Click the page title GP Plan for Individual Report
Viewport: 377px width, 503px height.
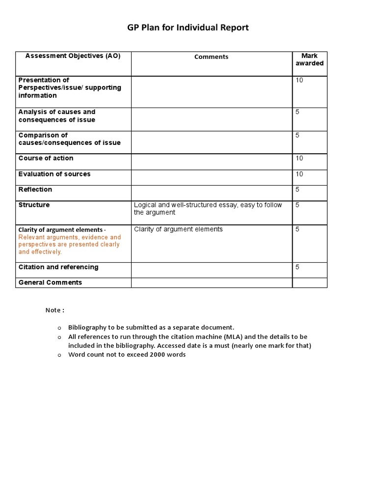click(x=188, y=28)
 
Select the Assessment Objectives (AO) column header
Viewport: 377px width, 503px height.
click(x=73, y=56)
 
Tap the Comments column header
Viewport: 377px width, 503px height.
click(x=211, y=57)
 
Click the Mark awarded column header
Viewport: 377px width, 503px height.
click(x=309, y=59)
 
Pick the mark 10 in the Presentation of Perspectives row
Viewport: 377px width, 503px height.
click(x=299, y=80)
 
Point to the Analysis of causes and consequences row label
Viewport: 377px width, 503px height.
click(x=57, y=116)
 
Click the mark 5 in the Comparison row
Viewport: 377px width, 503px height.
click(x=297, y=135)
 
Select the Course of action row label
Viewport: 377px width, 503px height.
click(x=46, y=158)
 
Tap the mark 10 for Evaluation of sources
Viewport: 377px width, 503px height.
click(x=299, y=174)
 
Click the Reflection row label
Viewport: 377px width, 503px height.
click(x=35, y=190)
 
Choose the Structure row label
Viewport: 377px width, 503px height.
click(x=34, y=205)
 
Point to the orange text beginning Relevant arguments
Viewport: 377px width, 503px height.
click(x=69, y=245)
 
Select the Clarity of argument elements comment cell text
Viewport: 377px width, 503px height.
click(x=178, y=229)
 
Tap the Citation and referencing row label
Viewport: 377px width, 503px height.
click(x=58, y=267)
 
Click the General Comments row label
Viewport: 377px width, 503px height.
click(x=50, y=282)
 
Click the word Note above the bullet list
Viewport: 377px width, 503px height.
click(x=53, y=310)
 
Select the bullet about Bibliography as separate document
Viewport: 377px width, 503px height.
click(x=151, y=327)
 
